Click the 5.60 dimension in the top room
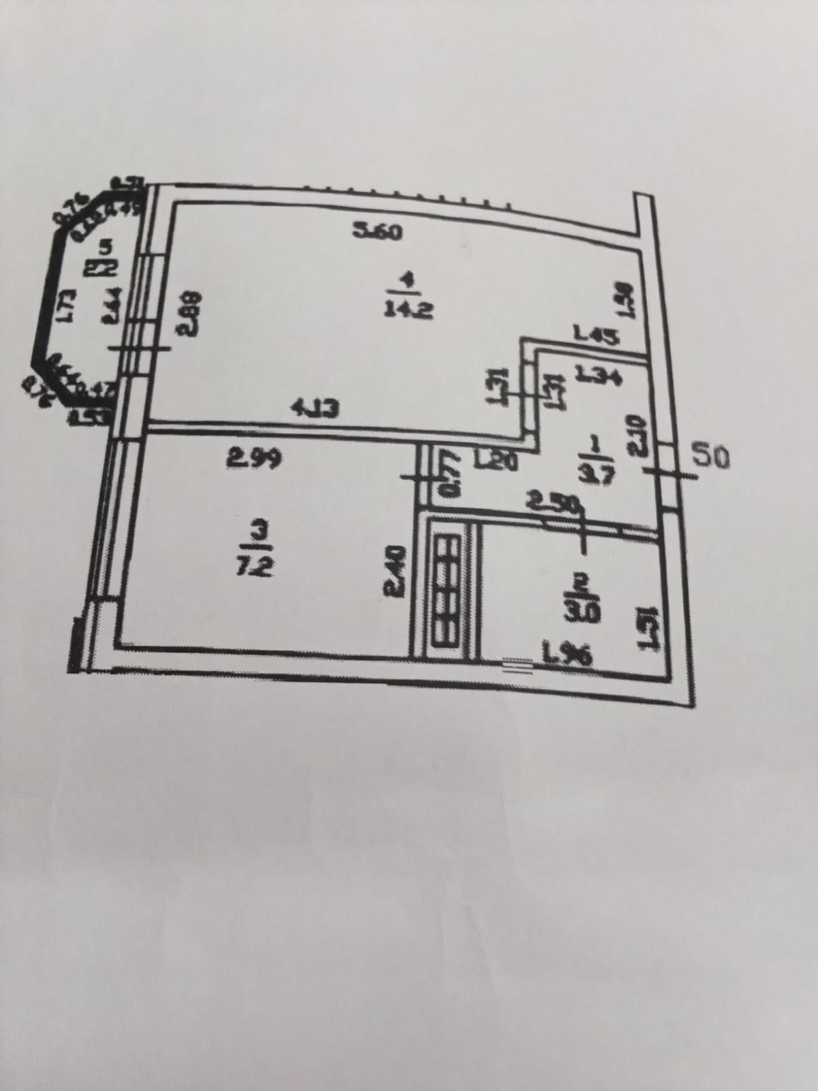click(x=378, y=232)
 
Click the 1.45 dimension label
click(x=596, y=335)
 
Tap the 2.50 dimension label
click(x=552, y=503)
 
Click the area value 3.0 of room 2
click(x=581, y=612)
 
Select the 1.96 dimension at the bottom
click(x=567, y=656)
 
